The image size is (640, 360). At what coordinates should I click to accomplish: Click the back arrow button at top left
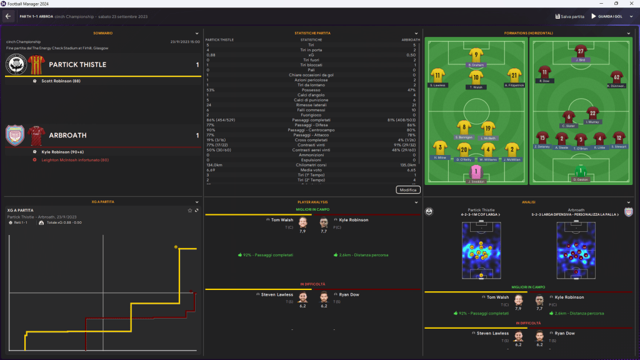click(9, 16)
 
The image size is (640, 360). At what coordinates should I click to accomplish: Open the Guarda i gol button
click(608, 16)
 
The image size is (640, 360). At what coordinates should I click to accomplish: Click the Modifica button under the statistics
click(408, 189)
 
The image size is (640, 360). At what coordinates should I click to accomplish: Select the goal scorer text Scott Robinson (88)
click(61, 81)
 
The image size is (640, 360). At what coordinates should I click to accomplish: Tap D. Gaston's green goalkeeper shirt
click(581, 171)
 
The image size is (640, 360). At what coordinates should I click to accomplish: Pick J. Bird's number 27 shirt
click(581, 51)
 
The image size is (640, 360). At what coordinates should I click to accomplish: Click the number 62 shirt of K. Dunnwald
click(616, 76)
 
